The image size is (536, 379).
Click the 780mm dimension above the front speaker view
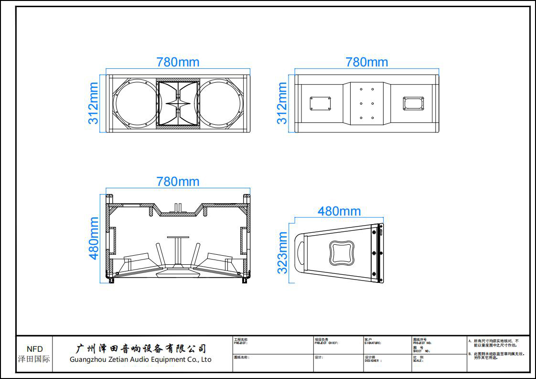(x=178, y=62)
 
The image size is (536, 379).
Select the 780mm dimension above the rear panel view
(x=366, y=62)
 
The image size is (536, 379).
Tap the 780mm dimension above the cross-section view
(x=178, y=182)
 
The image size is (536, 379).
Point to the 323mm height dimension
(x=282, y=253)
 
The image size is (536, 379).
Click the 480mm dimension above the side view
(x=339, y=211)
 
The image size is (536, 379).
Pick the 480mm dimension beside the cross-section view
(x=94, y=238)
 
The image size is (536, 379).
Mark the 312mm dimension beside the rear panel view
(x=282, y=103)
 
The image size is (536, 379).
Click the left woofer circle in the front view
(x=134, y=103)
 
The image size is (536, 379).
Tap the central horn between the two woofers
(x=178, y=104)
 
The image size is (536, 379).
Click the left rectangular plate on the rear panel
(x=320, y=103)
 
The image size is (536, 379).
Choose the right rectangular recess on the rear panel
(x=413, y=103)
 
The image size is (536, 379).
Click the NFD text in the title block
(x=34, y=349)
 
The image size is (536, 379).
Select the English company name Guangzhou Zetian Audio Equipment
(x=140, y=359)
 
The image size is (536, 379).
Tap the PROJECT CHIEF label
(x=326, y=343)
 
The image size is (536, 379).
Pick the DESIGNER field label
(x=373, y=361)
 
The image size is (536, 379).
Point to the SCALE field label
(x=418, y=361)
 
